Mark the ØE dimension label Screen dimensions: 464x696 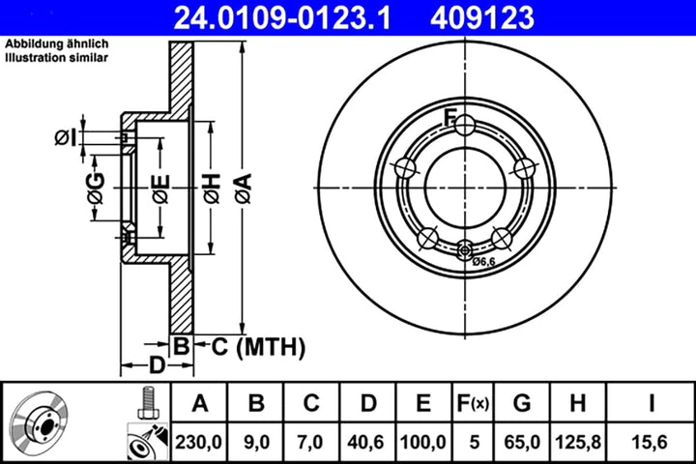tap(159, 185)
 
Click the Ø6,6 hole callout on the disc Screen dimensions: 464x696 tap(482, 261)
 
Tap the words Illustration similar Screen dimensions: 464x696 tap(57, 58)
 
